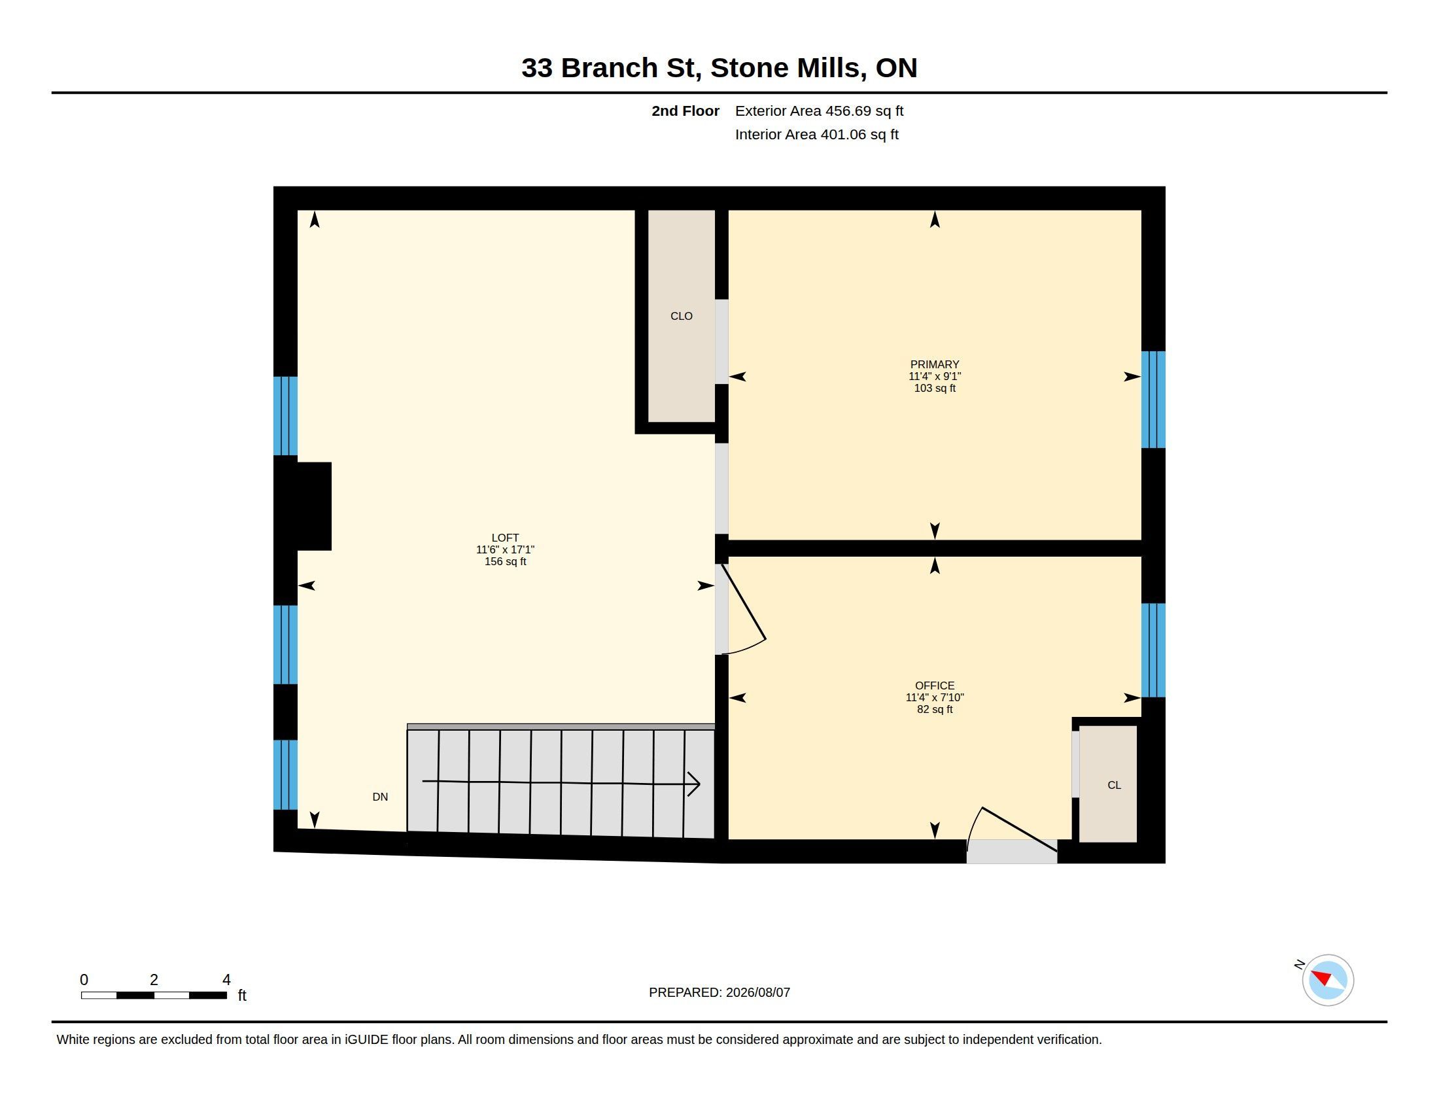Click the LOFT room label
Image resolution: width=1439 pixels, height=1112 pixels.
coord(505,538)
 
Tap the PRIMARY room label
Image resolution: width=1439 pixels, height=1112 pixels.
coord(934,364)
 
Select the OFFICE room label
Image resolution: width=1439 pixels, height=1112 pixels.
coord(934,686)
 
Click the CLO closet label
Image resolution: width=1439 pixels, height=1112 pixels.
coord(682,316)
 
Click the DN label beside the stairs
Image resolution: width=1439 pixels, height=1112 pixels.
coord(380,797)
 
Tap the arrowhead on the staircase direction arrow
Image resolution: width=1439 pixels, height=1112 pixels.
coord(694,784)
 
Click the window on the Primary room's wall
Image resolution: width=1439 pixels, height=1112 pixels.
coord(1153,399)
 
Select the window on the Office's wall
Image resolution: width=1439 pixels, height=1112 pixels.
coord(1153,650)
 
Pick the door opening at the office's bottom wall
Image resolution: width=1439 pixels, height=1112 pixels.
coord(1012,851)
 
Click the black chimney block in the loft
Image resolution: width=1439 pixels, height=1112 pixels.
coord(303,506)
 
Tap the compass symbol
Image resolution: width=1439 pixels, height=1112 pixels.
coord(1328,981)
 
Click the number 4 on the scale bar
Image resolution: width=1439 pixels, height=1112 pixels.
coord(227,980)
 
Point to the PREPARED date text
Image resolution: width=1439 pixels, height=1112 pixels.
coord(719,992)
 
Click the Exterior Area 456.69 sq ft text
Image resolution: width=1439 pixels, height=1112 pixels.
coord(819,111)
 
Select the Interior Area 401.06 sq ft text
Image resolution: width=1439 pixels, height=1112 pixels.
coord(816,134)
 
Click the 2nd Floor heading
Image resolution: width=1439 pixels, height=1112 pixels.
coord(685,111)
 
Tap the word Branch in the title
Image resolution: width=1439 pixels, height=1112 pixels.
coord(610,68)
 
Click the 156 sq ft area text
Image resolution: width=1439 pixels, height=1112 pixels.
coord(505,562)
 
